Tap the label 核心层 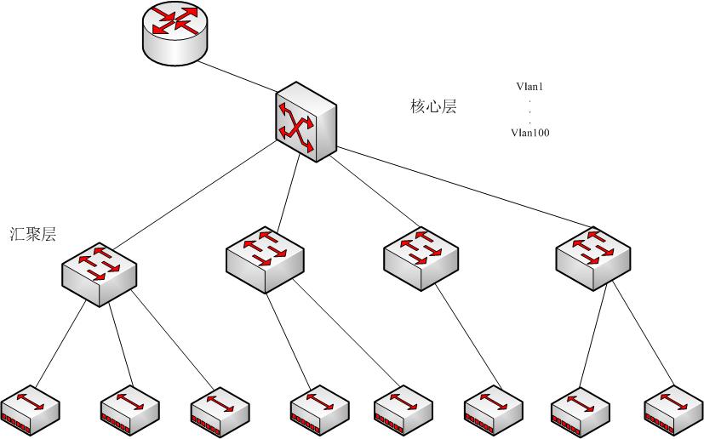[434, 107]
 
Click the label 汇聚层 [33, 235]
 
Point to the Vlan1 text [529, 87]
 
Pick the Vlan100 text [529, 132]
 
